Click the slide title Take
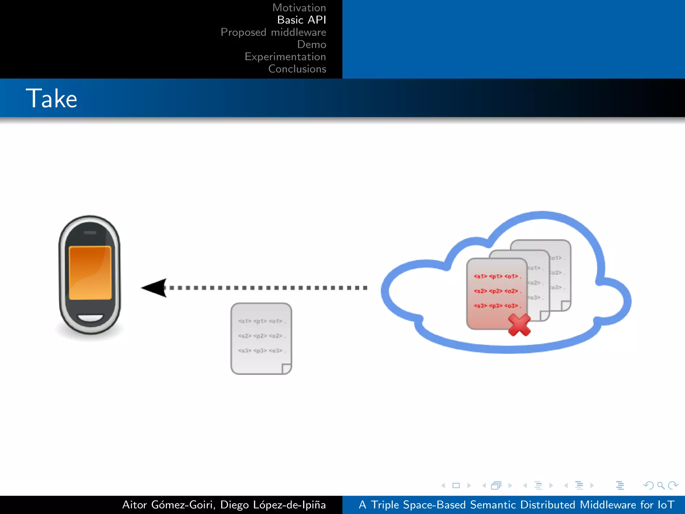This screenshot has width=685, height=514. pyautogui.click(x=52, y=98)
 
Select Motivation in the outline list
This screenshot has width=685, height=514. pyautogui.click(x=299, y=8)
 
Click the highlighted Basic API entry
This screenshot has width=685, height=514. pyautogui.click(x=301, y=20)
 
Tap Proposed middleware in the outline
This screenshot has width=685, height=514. pyautogui.click(x=273, y=32)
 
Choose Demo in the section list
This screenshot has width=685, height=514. pyautogui.click(x=311, y=45)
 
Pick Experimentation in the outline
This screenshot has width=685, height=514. pyautogui.click(x=285, y=57)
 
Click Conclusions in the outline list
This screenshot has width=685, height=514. pyautogui.click(x=297, y=69)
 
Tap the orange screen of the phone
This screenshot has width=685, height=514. pyautogui.click(x=90, y=273)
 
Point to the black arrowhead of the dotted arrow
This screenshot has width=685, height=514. pyautogui.click(x=154, y=288)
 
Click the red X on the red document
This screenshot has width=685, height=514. pyautogui.click(x=519, y=325)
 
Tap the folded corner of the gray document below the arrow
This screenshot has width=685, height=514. pyautogui.click(x=286, y=368)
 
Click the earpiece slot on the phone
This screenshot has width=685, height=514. pyautogui.click(x=90, y=233)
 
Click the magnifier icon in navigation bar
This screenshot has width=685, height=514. pyautogui.click(x=661, y=485)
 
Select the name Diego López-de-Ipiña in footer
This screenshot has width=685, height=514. pyautogui.click(x=273, y=505)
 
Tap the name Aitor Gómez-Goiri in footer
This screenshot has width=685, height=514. pyautogui.click(x=168, y=505)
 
